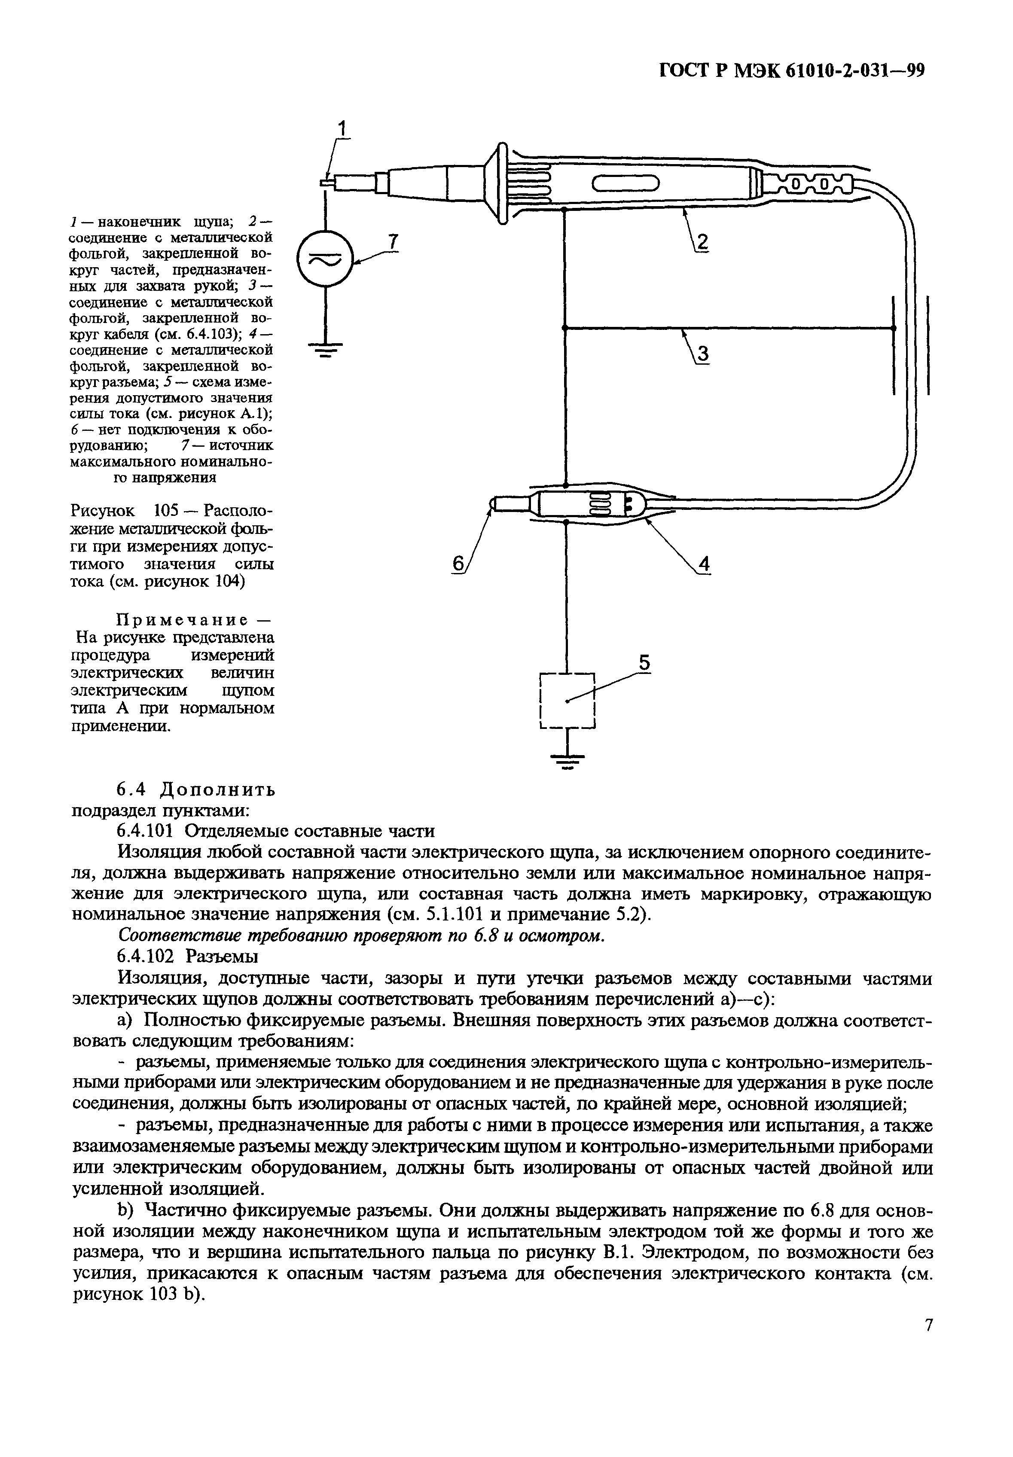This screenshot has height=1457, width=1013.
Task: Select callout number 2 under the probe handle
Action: pyautogui.click(x=702, y=242)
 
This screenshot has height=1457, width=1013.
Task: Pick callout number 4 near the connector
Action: pyautogui.click(x=703, y=564)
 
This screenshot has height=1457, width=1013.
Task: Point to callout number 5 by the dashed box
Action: pyautogui.click(x=644, y=663)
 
